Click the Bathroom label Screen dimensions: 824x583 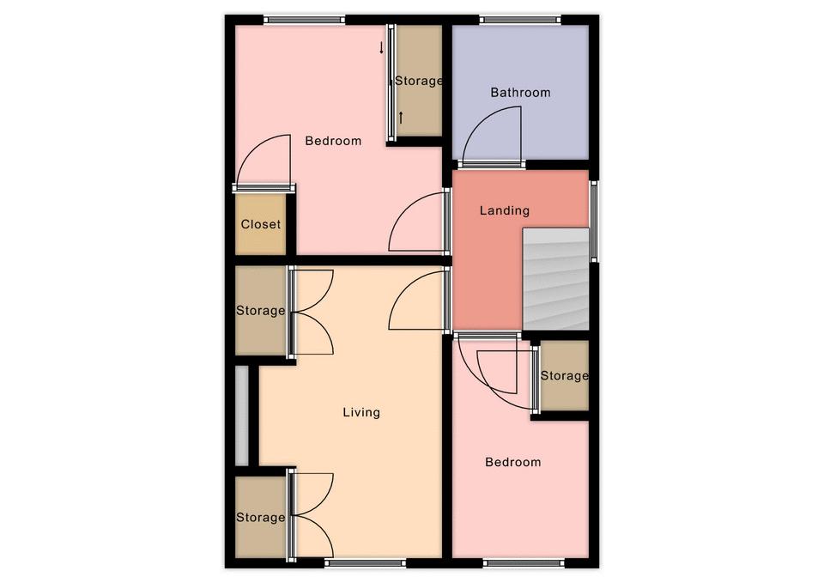click(520, 93)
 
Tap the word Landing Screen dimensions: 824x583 click(505, 211)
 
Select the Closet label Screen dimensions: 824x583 click(261, 224)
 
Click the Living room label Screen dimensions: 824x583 click(361, 412)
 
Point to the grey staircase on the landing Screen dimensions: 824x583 click(555, 278)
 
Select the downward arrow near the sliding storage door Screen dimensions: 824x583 click(381, 48)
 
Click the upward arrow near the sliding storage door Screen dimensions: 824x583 click(401, 118)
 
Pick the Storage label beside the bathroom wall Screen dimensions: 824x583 click(418, 81)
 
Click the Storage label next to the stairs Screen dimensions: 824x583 click(565, 376)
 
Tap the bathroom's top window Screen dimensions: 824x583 click(520, 20)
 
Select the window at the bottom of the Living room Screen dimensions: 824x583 click(366, 563)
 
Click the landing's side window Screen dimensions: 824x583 click(594, 222)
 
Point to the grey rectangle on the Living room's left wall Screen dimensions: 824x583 click(242, 416)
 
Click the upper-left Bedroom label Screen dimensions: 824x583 click(333, 141)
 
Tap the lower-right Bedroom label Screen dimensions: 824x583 click(513, 463)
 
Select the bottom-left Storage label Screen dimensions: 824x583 click(261, 517)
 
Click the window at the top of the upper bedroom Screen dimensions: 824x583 click(304, 20)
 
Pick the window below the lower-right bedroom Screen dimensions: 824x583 click(524, 563)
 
